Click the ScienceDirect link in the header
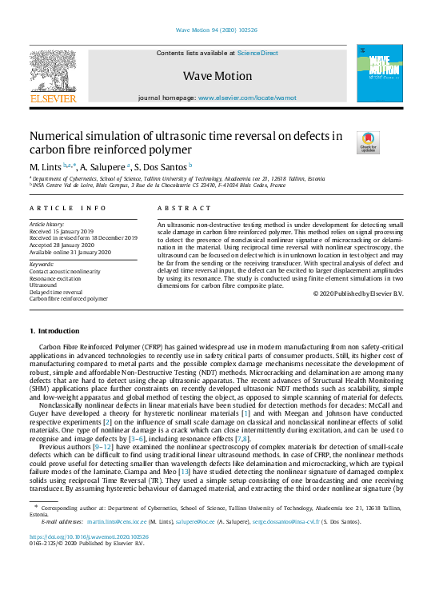(x=257, y=52)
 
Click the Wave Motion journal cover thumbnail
(x=379, y=73)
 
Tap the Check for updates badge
(x=369, y=142)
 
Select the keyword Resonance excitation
(x=59, y=277)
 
